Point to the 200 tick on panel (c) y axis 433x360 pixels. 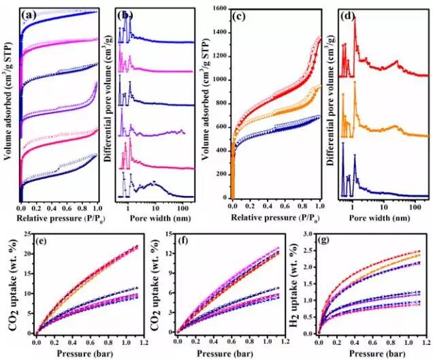pos(221,174)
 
